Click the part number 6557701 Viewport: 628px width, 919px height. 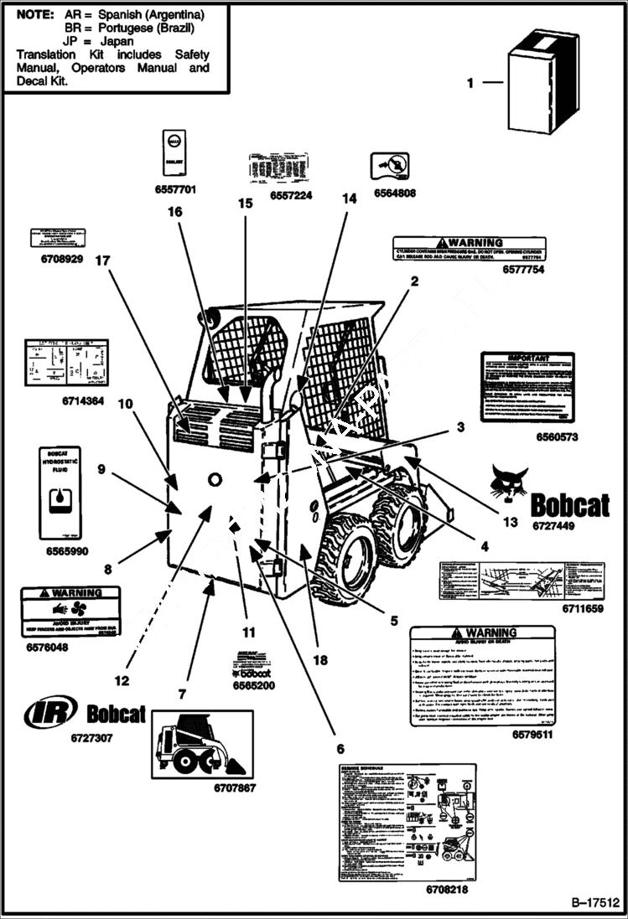(x=175, y=190)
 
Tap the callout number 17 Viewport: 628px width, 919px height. (x=103, y=261)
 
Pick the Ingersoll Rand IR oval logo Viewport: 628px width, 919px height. (x=51, y=713)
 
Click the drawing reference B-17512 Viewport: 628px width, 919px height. (x=594, y=903)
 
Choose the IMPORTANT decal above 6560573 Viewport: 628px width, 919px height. (x=527, y=387)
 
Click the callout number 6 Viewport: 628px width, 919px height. (x=340, y=748)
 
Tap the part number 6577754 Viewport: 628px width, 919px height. (x=523, y=270)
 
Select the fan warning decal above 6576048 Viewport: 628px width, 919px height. (x=70, y=612)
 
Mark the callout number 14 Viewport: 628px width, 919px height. (x=348, y=199)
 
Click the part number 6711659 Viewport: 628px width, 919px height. (x=582, y=609)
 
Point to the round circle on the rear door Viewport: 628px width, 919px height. (x=215, y=478)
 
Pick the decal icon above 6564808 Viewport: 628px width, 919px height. (x=389, y=165)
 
